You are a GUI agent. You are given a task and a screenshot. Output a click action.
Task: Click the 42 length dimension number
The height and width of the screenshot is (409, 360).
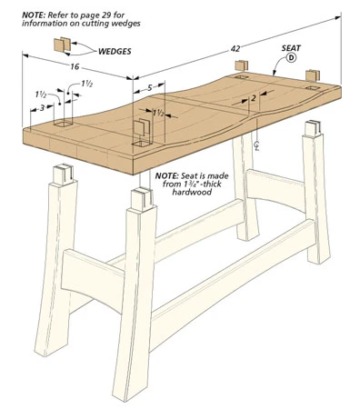235,49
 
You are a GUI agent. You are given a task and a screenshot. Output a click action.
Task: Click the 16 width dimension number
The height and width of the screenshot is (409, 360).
75,66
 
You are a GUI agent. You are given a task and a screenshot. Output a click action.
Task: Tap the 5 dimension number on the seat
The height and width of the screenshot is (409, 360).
150,88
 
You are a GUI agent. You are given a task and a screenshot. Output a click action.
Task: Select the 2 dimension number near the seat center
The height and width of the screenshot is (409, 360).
254,98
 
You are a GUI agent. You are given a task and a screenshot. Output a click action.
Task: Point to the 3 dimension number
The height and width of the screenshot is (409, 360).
42,107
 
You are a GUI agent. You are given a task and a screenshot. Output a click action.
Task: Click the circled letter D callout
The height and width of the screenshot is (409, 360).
291,57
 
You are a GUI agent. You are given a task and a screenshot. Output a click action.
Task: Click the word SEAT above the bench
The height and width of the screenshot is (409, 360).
291,48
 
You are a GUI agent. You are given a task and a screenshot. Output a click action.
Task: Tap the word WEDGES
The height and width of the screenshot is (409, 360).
115,51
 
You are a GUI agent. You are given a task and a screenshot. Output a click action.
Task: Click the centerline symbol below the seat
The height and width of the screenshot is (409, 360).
256,145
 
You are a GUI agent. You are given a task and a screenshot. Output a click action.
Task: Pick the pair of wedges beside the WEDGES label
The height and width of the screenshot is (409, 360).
62,45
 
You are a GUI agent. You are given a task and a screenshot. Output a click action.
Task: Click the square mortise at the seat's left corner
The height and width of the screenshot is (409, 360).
63,124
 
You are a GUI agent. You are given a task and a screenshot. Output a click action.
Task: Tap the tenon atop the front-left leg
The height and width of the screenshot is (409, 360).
63,174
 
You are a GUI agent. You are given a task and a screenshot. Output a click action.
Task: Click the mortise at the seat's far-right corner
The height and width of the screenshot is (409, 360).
313,88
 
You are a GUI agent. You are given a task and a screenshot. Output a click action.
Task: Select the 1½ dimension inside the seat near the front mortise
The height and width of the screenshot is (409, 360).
158,113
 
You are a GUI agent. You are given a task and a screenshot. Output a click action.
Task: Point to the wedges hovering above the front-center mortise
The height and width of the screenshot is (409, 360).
142,128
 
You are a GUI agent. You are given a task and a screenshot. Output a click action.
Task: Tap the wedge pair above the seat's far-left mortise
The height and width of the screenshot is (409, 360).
242,65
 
